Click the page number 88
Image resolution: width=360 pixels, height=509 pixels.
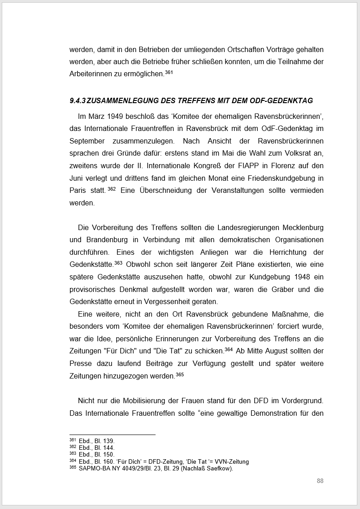click(320, 481)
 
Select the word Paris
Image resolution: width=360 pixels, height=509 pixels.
click(78, 190)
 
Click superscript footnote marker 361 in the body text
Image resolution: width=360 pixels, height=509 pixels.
click(169, 72)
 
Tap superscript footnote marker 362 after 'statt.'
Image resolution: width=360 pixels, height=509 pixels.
click(112, 189)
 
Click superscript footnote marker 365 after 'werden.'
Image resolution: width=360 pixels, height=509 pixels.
click(179, 374)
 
